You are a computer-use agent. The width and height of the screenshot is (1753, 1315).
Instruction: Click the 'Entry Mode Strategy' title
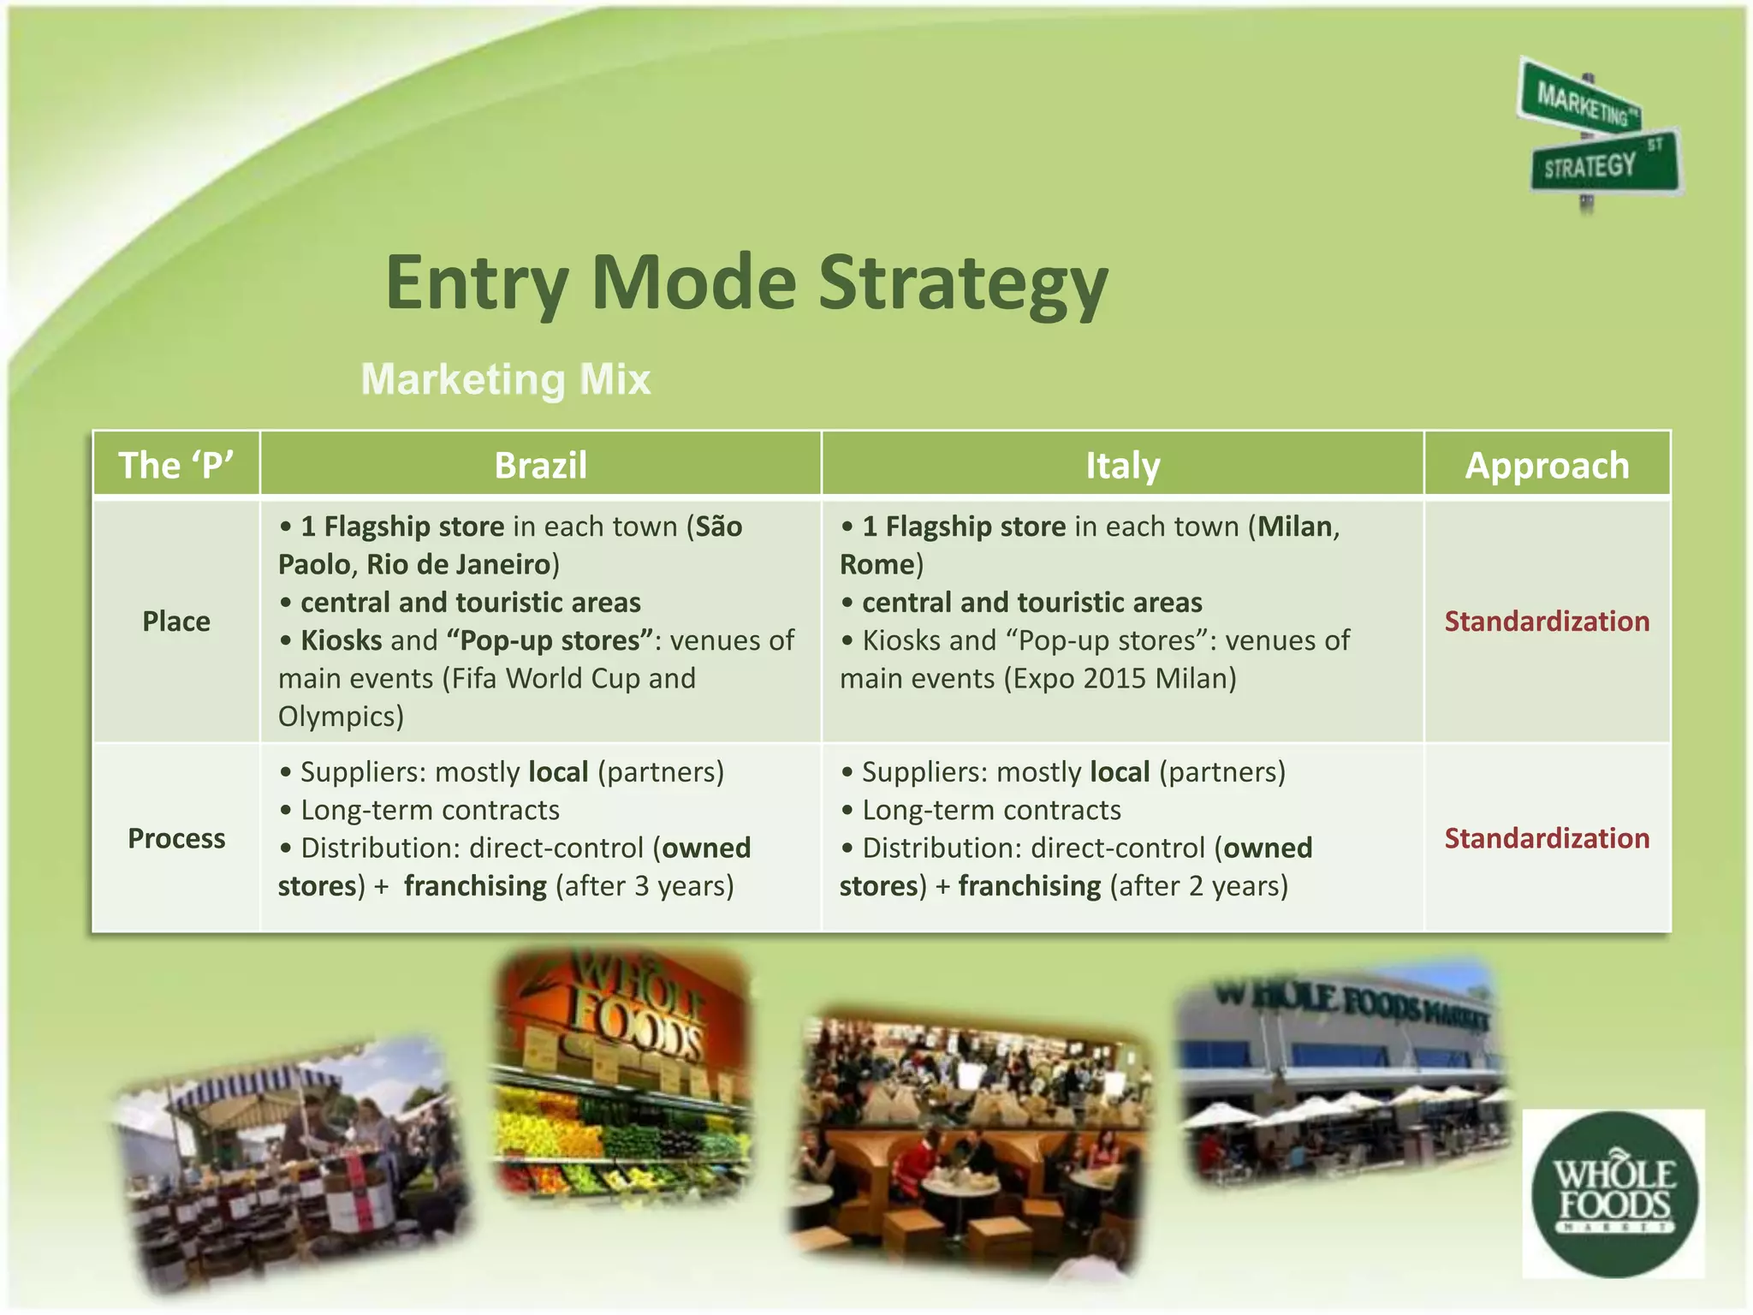point(746,283)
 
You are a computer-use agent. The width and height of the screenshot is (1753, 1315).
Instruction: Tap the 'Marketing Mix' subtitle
point(506,379)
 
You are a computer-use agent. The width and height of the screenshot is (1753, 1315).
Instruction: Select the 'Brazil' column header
point(540,466)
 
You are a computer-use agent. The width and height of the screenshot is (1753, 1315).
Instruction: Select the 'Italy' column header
point(1122,466)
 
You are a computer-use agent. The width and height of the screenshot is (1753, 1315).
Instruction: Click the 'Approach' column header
point(1547,466)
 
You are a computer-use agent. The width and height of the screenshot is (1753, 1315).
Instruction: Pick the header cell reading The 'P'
point(176,466)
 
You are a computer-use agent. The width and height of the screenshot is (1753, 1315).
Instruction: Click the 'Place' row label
point(176,621)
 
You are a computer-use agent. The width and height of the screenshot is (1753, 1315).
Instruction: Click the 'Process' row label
point(176,838)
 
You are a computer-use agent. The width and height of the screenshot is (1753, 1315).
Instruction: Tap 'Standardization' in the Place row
point(1547,621)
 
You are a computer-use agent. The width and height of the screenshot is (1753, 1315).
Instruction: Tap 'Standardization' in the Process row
point(1547,838)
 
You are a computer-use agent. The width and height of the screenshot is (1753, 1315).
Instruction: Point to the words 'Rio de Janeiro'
point(459,564)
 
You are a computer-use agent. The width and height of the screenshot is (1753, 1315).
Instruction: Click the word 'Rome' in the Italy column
point(876,564)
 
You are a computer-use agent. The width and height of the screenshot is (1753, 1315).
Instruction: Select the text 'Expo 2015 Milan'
point(1120,679)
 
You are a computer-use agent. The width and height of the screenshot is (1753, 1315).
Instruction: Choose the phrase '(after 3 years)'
point(645,886)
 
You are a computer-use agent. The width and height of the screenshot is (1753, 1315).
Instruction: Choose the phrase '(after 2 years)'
point(1198,886)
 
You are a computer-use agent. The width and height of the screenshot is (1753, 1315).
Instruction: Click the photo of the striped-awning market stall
point(291,1164)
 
